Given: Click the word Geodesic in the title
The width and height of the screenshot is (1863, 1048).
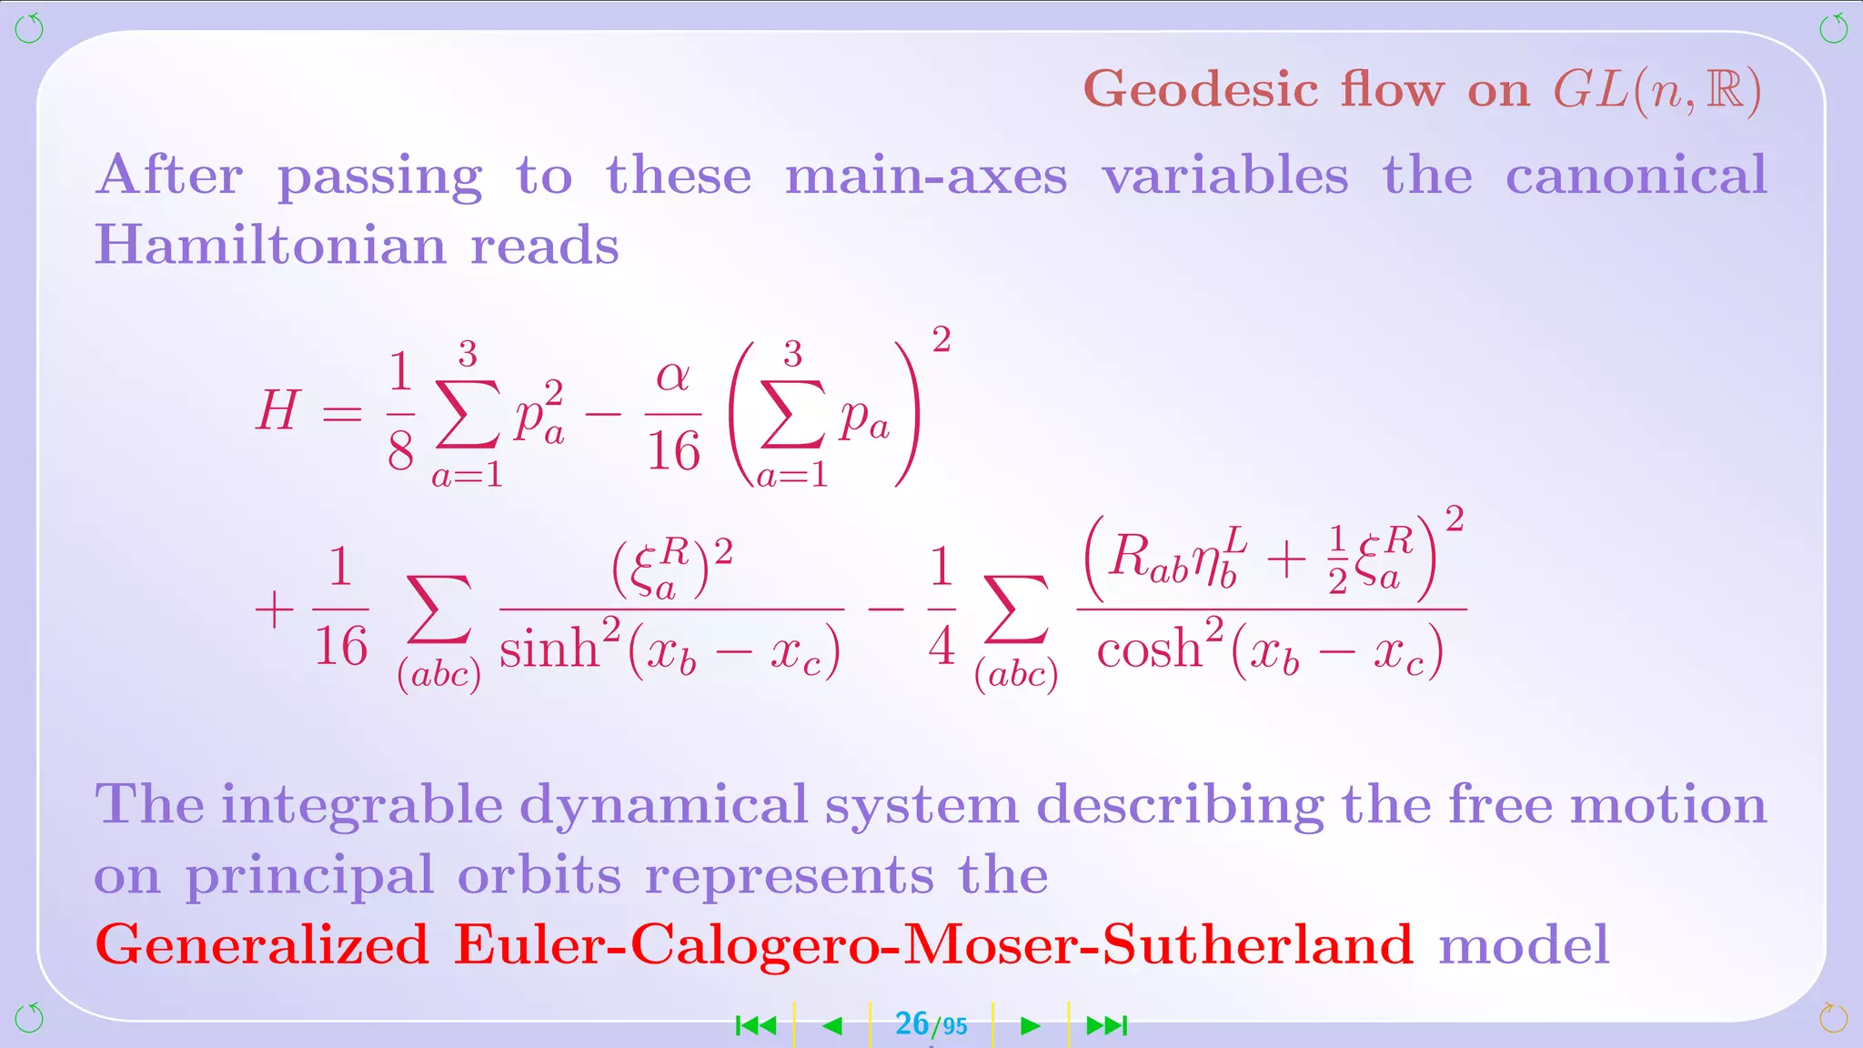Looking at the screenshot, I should (x=1200, y=90).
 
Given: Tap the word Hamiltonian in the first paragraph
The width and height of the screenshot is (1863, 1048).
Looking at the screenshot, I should (x=270, y=245).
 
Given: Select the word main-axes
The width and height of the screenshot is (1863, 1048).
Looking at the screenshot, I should (x=925, y=175).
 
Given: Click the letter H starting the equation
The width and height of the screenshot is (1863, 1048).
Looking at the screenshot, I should (x=277, y=410).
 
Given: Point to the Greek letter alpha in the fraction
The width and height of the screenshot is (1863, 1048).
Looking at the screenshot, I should (x=672, y=376).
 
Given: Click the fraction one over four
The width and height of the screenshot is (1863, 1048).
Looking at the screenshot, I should (x=942, y=607).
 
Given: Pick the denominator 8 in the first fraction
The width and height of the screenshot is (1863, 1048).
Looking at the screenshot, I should (x=400, y=450).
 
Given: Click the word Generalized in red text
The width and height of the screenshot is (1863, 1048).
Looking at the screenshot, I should (x=262, y=944).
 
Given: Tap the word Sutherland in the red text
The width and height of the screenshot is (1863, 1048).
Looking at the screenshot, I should (x=1257, y=944).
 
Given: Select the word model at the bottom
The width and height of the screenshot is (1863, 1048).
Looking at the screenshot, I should (x=1524, y=944).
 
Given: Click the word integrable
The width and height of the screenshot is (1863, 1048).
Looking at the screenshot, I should (x=361, y=806).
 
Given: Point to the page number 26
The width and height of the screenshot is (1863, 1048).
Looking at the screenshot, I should (x=911, y=1024).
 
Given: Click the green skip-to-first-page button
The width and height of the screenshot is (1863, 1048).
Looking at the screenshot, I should (x=756, y=1026).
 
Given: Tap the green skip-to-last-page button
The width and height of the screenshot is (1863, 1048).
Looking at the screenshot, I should (x=1107, y=1026).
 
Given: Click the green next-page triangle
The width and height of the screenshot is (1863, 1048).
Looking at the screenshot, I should (x=1030, y=1026).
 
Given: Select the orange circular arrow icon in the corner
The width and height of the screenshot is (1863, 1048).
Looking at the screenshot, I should (x=1833, y=1017).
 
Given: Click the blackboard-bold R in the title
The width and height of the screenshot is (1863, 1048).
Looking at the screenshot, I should (x=1725, y=90).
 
